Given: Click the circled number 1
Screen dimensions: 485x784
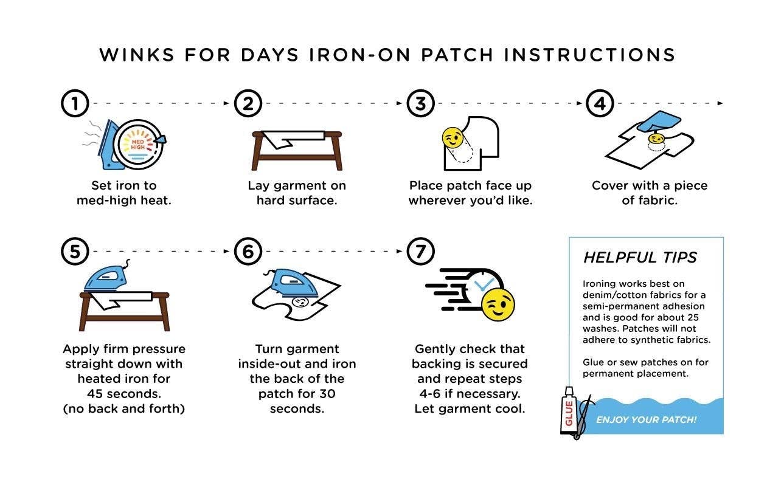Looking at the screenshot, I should point(75,103).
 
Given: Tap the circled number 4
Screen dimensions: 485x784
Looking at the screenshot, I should point(600,103).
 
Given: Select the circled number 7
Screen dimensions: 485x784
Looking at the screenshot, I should point(420,251).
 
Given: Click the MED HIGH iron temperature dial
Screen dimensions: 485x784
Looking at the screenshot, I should point(139,144).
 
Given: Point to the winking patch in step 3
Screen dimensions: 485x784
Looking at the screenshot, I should point(451,138).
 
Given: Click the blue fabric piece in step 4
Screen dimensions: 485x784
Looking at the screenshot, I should point(659,124).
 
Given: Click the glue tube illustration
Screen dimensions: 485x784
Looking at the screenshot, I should point(569,411).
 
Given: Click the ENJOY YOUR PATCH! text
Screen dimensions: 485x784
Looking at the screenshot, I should point(646,420).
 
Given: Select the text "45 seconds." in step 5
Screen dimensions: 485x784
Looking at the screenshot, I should point(123,393).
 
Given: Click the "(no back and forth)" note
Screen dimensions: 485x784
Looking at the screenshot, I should point(123,408).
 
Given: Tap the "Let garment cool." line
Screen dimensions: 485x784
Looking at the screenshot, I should point(470,408).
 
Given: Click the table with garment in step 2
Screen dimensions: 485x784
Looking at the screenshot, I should point(297,149).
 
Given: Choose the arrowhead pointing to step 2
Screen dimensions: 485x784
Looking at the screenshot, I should point(231,103).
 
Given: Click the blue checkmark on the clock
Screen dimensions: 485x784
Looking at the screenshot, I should point(484,284).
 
